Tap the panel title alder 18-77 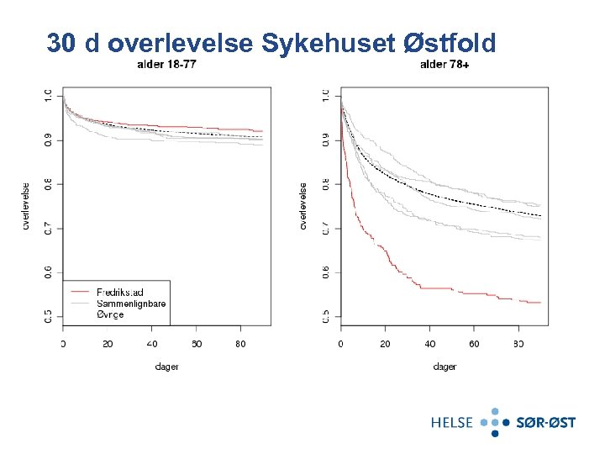click(x=167, y=66)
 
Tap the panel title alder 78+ click(x=445, y=66)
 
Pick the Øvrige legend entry click(x=110, y=313)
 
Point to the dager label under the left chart click(x=167, y=367)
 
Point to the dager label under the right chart click(x=445, y=367)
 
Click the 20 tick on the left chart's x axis click(x=108, y=344)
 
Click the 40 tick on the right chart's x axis click(x=429, y=344)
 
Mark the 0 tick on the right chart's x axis click(x=340, y=344)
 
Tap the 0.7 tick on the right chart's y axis click(x=325, y=228)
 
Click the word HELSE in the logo click(x=453, y=422)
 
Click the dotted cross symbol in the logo click(x=496, y=422)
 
